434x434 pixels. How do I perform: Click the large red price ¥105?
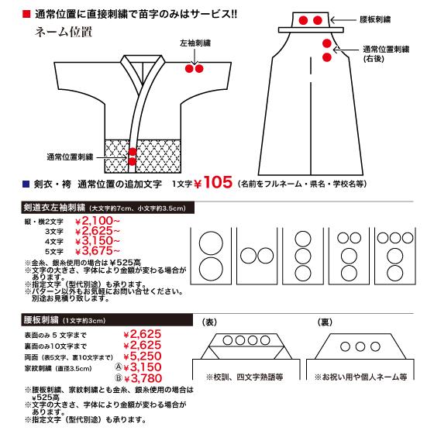point(209,184)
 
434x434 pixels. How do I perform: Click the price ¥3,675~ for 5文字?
point(96,250)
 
